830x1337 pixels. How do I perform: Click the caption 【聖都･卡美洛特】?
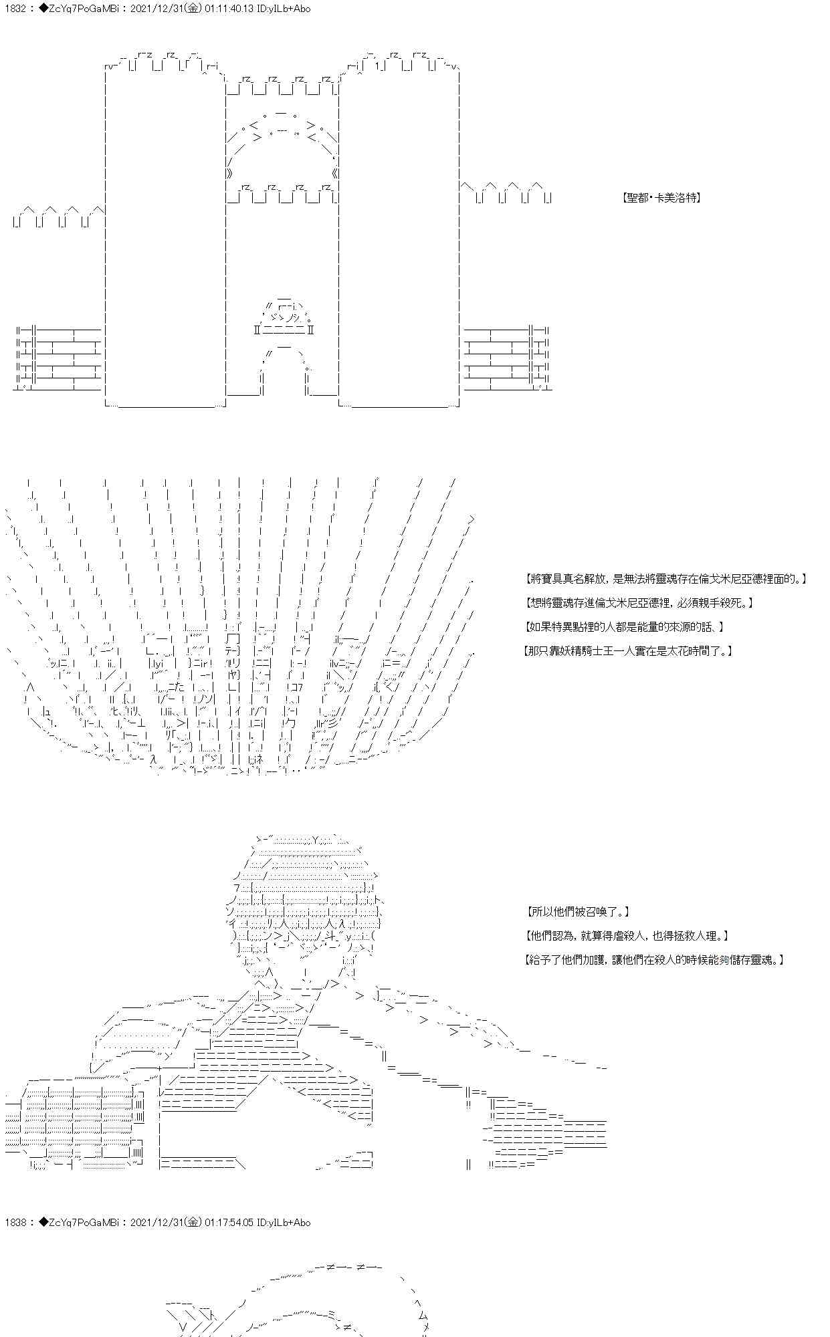click(660, 198)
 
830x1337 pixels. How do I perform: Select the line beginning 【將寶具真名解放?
click(665, 579)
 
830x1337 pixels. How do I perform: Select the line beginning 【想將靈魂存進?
click(639, 603)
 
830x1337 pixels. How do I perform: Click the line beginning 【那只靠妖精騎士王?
click(628, 650)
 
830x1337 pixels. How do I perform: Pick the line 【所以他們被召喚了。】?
click(577, 912)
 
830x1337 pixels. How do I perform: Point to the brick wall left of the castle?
click(58, 358)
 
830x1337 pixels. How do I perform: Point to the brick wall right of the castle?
click(507, 358)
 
